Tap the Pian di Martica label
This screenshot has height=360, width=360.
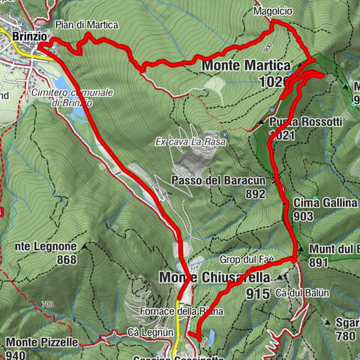[x=87, y=25]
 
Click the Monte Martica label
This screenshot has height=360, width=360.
[x=245, y=66]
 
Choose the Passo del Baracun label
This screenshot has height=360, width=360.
[x=219, y=181]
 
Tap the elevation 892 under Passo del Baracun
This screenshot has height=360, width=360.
[x=255, y=193]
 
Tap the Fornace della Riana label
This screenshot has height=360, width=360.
[x=171, y=310]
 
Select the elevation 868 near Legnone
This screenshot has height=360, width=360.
[x=67, y=260]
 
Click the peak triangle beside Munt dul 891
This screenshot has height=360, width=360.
[x=300, y=250]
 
